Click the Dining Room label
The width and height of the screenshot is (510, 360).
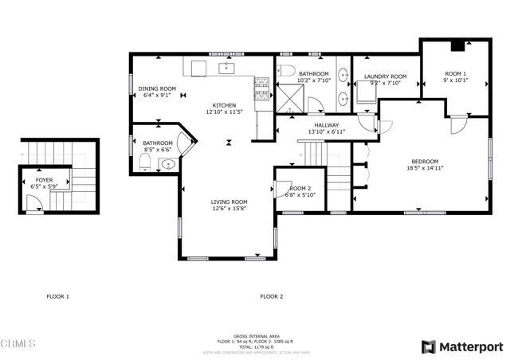[157, 88]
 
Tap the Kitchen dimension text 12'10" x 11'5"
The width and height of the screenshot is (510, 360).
[223, 112]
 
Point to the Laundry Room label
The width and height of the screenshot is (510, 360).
[385, 76]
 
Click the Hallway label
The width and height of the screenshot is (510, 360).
[326, 125]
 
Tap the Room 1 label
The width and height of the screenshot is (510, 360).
[455, 73]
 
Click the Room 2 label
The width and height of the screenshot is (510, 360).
[300, 188]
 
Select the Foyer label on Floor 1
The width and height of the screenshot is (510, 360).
[45, 181]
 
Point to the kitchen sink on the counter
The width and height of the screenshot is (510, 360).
[226, 68]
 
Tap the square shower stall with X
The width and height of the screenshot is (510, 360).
[288, 97]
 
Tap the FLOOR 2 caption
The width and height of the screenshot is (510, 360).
[271, 296]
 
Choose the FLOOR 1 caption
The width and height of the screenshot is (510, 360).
[57, 296]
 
